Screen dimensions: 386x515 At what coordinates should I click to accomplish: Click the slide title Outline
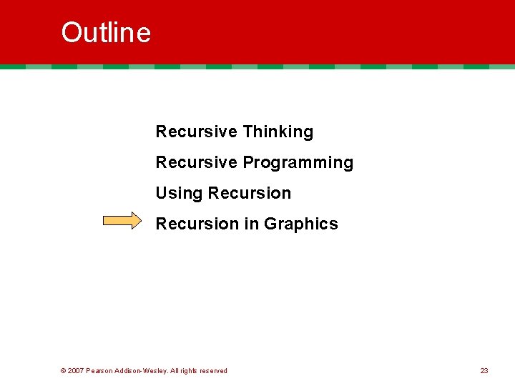(106, 33)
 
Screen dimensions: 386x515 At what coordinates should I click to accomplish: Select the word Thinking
(278, 132)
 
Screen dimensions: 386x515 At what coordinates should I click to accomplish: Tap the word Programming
(298, 163)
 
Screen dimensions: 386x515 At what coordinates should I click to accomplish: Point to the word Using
(179, 194)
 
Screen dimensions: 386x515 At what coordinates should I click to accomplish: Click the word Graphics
(300, 224)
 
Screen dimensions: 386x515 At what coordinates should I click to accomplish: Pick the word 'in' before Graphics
(251, 224)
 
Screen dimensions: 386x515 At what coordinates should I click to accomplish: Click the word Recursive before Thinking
(196, 132)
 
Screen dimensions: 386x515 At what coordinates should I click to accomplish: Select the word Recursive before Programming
(196, 163)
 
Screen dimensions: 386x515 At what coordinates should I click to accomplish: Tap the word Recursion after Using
(249, 194)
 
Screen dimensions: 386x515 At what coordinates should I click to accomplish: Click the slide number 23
(484, 371)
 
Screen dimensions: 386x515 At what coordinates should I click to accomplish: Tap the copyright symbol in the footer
(63, 371)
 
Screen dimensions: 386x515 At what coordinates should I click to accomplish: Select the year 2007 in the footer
(76, 371)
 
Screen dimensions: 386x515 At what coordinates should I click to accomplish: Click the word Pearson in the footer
(99, 371)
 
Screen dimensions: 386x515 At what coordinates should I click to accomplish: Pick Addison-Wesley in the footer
(142, 371)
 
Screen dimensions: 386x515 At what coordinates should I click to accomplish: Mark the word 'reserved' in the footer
(212, 371)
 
